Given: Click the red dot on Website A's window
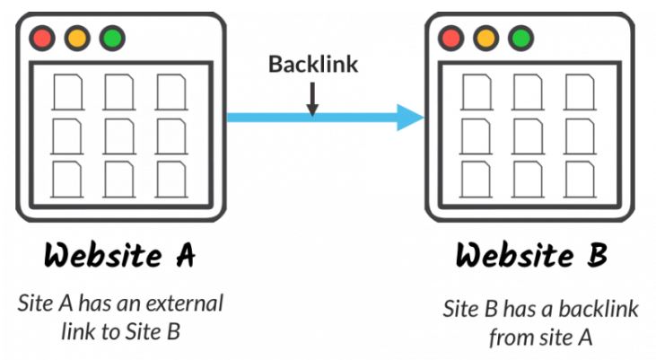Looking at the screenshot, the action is click(42, 38).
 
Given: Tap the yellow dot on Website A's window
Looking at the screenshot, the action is click(77, 38).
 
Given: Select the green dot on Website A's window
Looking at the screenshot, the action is click(112, 38).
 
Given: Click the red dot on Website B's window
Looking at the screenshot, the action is click(451, 38).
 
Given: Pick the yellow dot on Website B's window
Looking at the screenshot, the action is click(486, 38).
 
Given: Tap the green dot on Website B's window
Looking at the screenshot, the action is click(520, 38).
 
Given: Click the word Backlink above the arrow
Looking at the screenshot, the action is click(313, 64).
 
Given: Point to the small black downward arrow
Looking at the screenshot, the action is click(312, 99).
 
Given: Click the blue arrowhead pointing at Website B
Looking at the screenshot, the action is click(410, 118).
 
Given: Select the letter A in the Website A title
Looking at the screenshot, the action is click(186, 255).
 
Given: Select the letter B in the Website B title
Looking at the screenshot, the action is click(596, 255).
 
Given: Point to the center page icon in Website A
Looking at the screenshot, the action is click(119, 136).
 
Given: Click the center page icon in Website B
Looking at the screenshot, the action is click(528, 136).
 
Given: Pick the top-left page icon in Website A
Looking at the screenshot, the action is click(68, 92).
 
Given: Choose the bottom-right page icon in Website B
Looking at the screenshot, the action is click(580, 180).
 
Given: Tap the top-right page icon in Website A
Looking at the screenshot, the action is click(171, 92).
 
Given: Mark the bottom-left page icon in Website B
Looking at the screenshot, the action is click(477, 180).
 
